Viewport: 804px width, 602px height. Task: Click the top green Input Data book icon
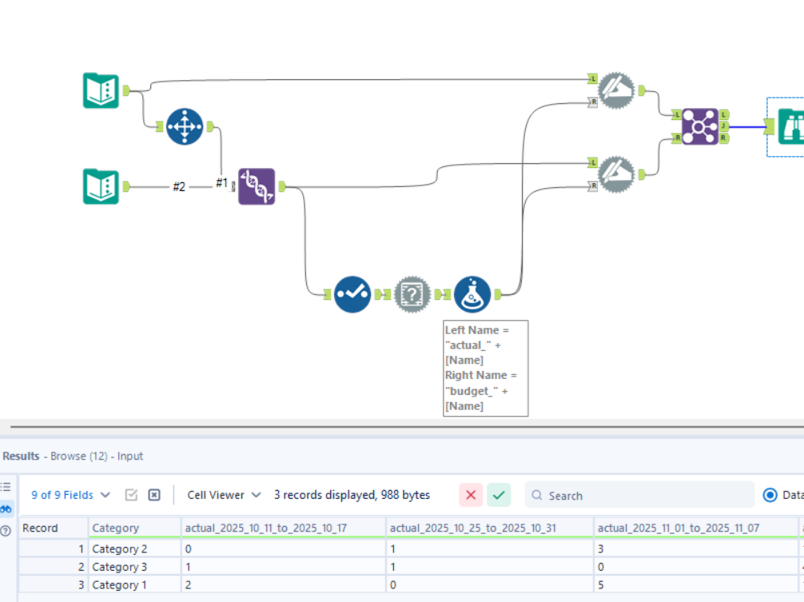[x=101, y=90]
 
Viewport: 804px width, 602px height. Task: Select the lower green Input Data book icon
[x=101, y=186]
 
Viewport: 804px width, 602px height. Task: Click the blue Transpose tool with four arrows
[x=185, y=126]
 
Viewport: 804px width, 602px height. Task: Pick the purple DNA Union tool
[x=257, y=186]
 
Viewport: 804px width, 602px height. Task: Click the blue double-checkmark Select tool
[x=352, y=294]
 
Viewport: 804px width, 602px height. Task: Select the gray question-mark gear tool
[x=412, y=294]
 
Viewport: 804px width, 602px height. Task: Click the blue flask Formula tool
[x=472, y=294]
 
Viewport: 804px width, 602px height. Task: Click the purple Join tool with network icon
[x=700, y=126]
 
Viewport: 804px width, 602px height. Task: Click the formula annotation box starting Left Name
[x=486, y=368]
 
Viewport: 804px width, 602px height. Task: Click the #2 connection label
[x=179, y=186]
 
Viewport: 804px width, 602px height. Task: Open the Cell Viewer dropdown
[x=224, y=495]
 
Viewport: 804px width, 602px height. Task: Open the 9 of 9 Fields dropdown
[x=70, y=495]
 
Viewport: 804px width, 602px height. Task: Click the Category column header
[x=116, y=528]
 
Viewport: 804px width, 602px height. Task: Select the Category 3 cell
[x=120, y=567]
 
